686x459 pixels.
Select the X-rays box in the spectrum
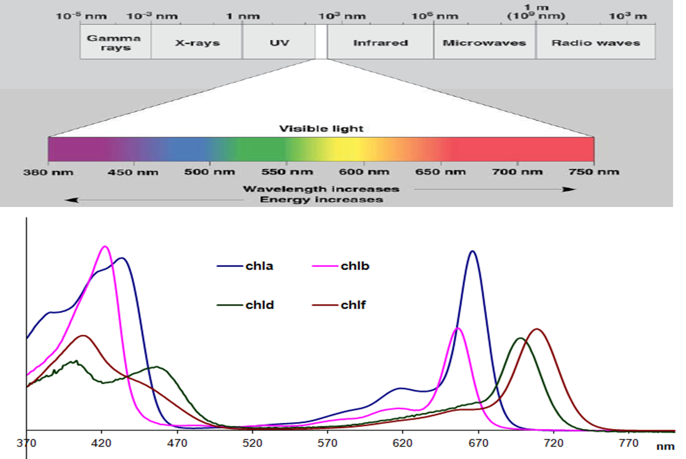[x=197, y=42]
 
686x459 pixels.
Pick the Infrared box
[x=381, y=42]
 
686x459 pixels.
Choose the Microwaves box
[x=484, y=42]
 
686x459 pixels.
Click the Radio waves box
[x=595, y=42]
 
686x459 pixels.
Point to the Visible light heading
[x=322, y=128]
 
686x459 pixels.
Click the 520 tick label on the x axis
[x=252, y=443]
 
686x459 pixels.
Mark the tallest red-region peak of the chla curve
[x=472, y=251]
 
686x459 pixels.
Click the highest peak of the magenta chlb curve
[x=105, y=247]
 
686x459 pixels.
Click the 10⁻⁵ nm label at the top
[x=82, y=16]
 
